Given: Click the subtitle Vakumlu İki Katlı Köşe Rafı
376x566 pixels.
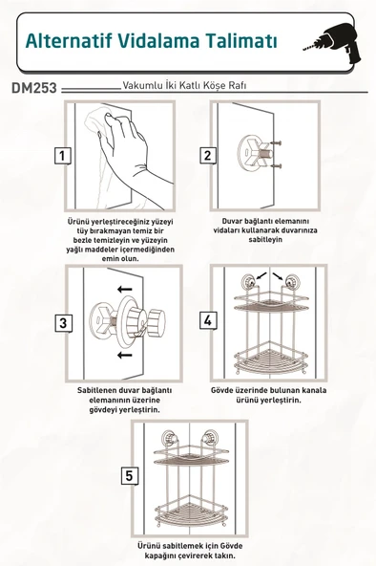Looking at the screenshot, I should (x=183, y=85).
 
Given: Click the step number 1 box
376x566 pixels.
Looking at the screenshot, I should (x=60, y=156).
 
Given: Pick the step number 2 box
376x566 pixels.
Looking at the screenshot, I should (x=207, y=156).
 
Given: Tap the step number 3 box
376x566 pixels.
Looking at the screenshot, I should (x=62, y=322).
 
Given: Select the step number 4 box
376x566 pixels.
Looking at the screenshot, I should (x=207, y=319).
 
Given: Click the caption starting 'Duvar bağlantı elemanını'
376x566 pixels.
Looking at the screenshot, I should (x=259, y=229).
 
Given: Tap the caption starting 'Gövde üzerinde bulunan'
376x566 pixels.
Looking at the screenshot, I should (x=259, y=396).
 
